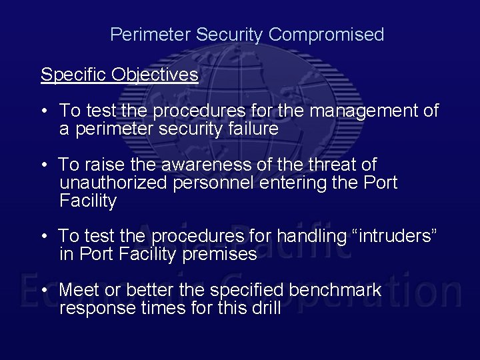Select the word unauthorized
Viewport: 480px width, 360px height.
coord(113,183)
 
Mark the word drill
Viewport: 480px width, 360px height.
coord(265,309)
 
